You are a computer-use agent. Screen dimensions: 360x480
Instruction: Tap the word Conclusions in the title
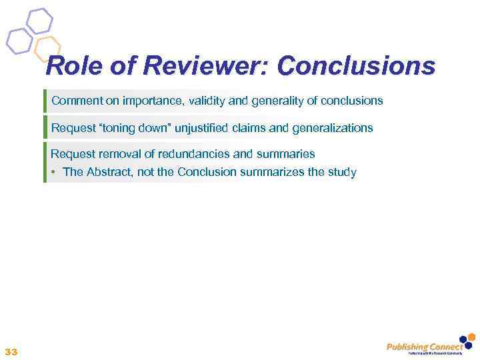pos(356,67)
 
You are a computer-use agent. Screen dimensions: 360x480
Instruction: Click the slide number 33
pos(11,351)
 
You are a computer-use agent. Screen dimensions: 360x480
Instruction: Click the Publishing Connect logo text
pos(424,346)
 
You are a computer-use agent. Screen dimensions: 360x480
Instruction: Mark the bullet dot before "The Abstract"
pos(53,172)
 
